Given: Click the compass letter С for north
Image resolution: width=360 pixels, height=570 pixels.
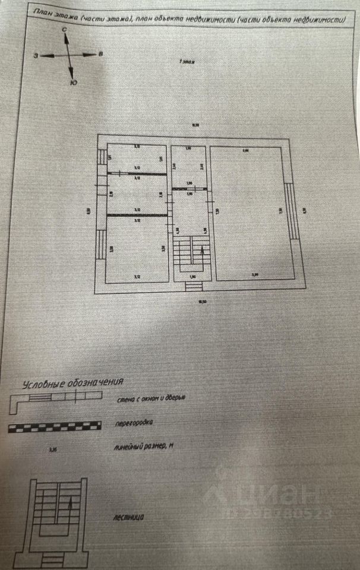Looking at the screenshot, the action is (x=64, y=28).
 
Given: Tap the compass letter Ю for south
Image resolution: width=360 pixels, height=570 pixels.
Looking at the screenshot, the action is (x=72, y=83).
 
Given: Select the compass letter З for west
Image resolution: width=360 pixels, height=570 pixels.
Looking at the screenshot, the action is (x=36, y=55).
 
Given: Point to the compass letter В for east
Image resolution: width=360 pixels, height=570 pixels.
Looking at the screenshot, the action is (x=101, y=54).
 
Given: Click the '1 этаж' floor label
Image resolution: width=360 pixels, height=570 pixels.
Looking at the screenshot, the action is (x=189, y=61).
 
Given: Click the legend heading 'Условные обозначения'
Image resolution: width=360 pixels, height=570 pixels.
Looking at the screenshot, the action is (x=73, y=383).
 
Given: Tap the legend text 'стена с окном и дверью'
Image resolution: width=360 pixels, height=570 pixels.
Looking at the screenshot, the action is (x=151, y=398).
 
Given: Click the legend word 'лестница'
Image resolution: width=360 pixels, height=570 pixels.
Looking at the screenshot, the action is (x=128, y=517).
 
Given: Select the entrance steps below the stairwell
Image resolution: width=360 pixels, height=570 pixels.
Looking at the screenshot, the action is (x=191, y=286).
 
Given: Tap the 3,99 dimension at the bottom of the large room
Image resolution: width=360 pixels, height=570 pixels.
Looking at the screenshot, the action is (x=254, y=274).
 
